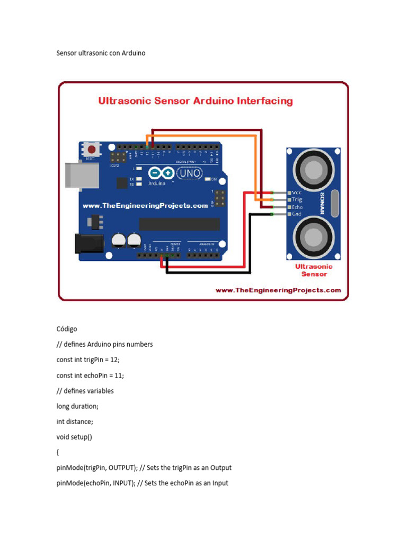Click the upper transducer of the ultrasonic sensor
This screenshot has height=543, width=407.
click(314, 169)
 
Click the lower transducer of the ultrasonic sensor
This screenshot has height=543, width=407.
click(314, 233)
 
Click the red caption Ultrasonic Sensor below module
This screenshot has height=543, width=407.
click(314, 270)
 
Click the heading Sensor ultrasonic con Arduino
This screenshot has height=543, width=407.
click(101, 53)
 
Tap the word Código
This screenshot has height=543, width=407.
click(67, 329)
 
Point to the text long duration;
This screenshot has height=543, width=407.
click(77, 406)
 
